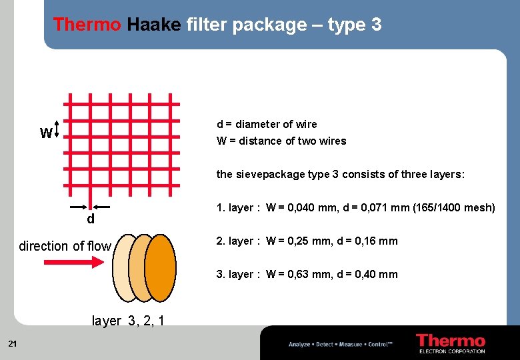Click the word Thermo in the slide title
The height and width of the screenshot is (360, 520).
click(x=87, y=25)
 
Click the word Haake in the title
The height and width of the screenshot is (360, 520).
click(x=153, y=25)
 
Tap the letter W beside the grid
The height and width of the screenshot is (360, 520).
click(x=46, y=134)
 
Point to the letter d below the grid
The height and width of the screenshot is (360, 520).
click(x=91, y=219)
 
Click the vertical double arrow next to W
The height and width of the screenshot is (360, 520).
click(x=58, y=129)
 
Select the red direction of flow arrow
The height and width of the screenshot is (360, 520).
click(x=73, y=263)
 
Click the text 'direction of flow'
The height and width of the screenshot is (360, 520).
click(x=65, y=246)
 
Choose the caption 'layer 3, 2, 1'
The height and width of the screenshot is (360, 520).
click(x=127, y=321)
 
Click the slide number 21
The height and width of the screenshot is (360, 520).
click(x=12, y=344)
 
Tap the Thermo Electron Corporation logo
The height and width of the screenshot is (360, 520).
click(x=450, y=343)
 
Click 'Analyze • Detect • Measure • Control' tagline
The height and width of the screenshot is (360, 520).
click(x=341, y=345)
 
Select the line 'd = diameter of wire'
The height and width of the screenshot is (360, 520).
click(x=267, y=125)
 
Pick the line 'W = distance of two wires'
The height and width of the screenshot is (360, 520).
click(x=281, y=141)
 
